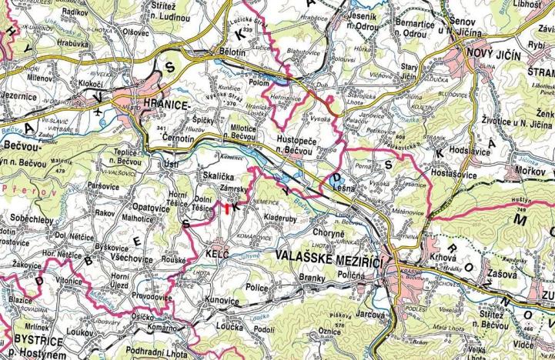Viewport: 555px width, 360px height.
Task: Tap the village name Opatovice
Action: [x=149, y=208]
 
